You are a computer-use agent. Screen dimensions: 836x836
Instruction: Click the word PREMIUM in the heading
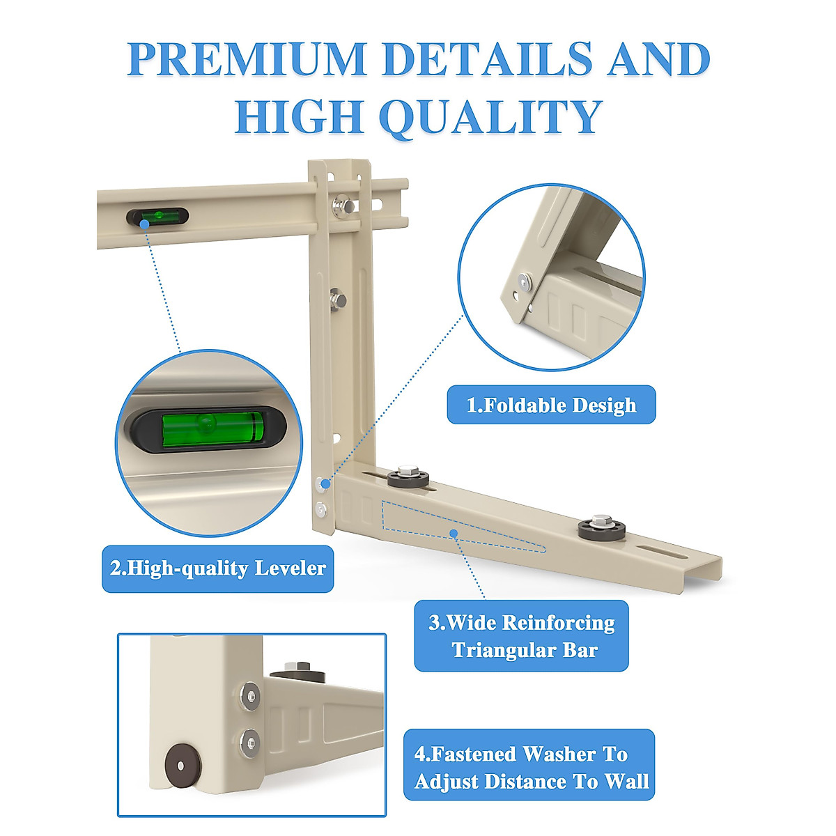[247, 59]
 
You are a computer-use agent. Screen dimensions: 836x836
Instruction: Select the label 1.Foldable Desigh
[551, 405]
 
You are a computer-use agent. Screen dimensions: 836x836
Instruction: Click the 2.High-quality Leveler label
[217, 568]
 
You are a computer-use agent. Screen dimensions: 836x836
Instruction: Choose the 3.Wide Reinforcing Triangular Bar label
[521, 636]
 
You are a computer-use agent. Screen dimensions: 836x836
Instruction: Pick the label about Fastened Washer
[529, 767]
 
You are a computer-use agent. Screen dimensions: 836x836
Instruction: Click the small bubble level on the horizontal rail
[157, 216]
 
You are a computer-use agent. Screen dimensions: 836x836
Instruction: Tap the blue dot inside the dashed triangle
[454, 533]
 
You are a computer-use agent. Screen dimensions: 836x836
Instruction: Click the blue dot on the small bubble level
[144, 224]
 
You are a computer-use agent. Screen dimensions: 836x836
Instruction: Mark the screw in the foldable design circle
[524, 282]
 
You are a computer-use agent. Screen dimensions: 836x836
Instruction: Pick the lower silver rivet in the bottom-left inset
[249, 740]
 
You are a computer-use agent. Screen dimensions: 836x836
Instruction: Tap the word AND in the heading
[658, 59]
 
